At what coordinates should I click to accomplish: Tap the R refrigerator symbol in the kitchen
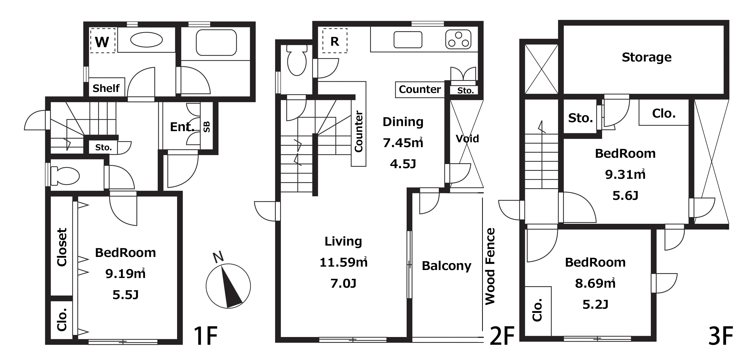[335, 41]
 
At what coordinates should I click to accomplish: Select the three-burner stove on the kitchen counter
[458, 39]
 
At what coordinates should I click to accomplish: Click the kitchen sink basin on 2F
[408, 39]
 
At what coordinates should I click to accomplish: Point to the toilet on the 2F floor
[297, 60]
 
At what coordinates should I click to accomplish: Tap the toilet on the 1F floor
[65, 176]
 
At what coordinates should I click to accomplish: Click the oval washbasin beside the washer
[146, 40]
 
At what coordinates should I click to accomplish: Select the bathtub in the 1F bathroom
[216, 42]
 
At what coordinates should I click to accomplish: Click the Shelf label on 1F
[106, 88]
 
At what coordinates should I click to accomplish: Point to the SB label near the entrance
[207, 127]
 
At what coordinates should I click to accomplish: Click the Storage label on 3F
[647, 57]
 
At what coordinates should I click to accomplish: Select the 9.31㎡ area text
[625, 174]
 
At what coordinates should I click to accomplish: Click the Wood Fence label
[490, 266]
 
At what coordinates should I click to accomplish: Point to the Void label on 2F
[467, 138]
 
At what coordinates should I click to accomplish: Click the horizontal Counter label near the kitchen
[420, 89]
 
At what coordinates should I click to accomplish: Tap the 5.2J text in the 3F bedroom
[595, 305]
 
